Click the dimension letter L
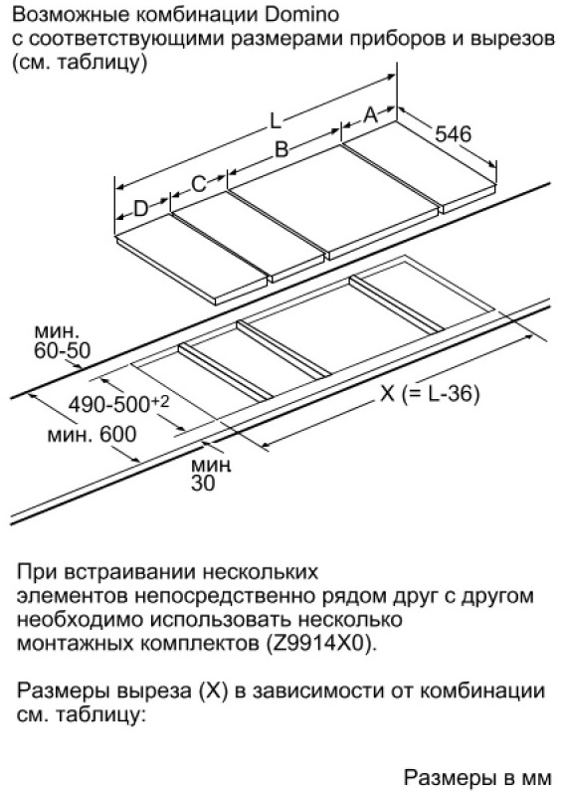[275, 120]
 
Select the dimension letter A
[371, 115]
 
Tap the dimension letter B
[281, 149]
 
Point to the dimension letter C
[199, 184]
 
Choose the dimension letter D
[141, 208]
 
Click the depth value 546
[453, 133]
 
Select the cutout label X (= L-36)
[430, 393]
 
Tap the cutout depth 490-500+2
[118, 404]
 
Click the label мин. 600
[92, 434]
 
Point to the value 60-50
[62, 350]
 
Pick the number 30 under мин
[203, 484]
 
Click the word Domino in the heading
[301, 14]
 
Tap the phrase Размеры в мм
[478, 778]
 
